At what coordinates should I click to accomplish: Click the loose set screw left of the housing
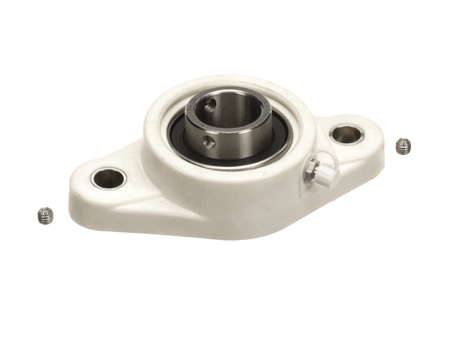(x=44, y=216)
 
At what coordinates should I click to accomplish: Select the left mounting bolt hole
(x=108, y=178)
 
